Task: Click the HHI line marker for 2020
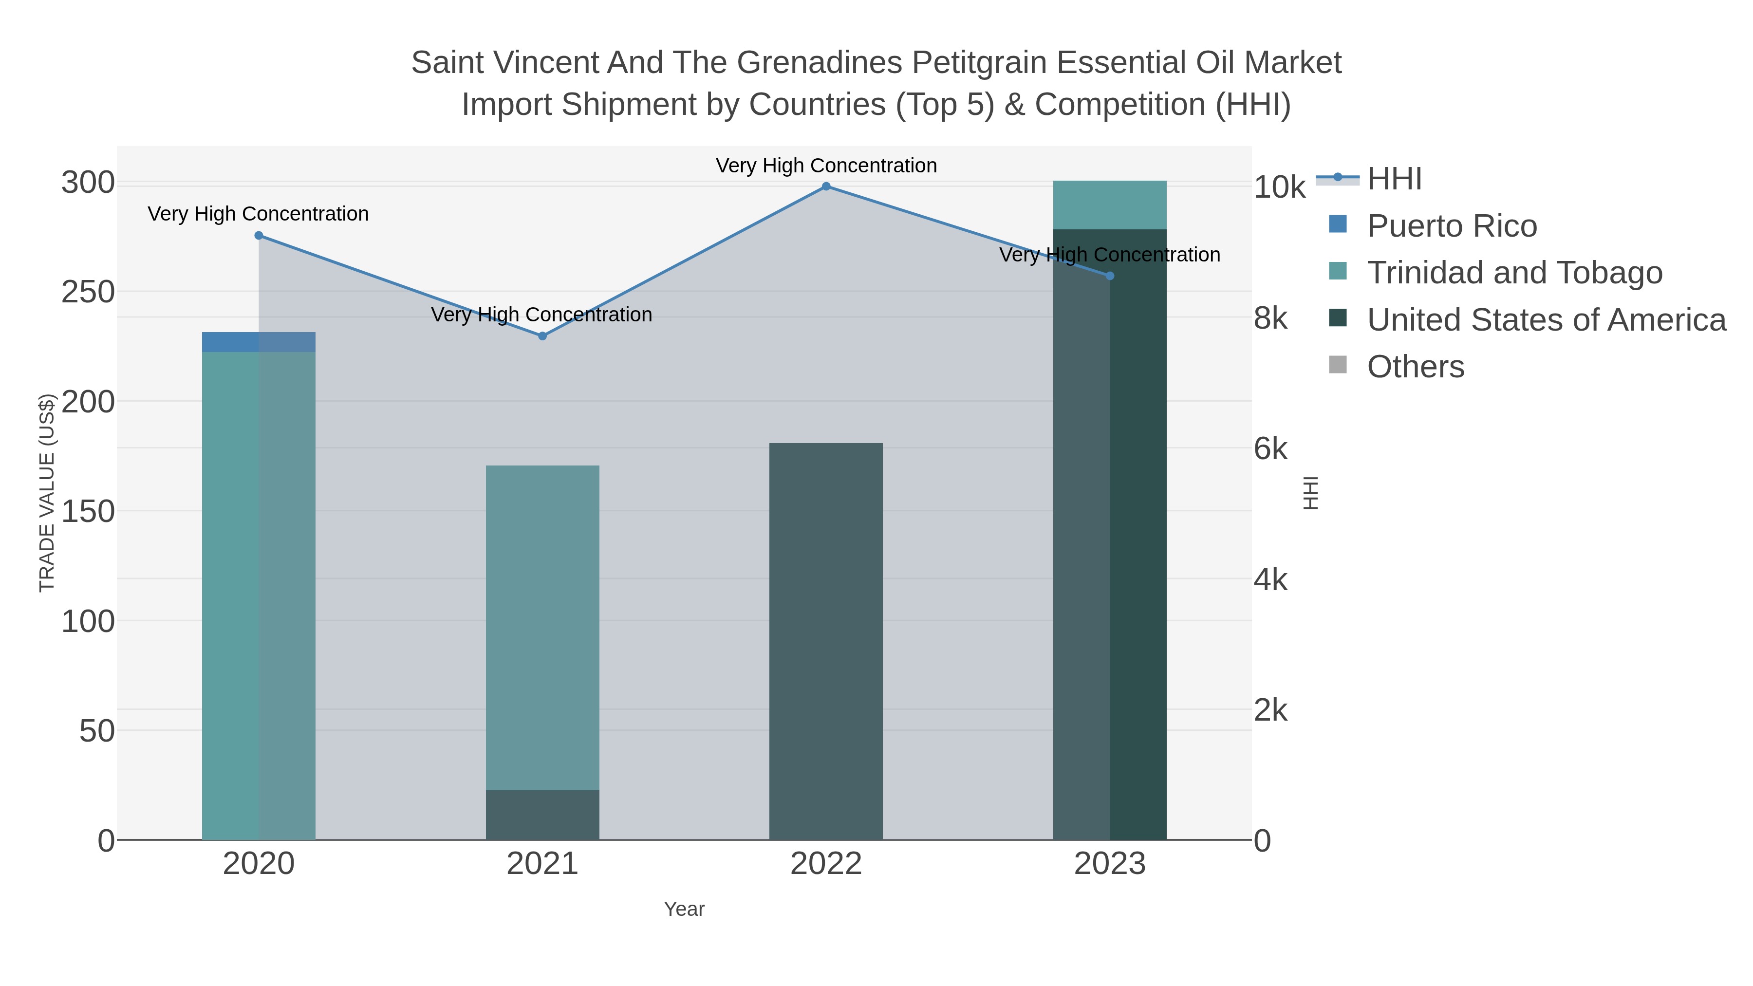(x=259, y=236)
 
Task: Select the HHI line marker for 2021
(x=542, y=336)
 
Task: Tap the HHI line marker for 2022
(x=826, y=186)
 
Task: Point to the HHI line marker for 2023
(x=1110, y=276)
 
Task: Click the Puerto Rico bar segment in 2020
(x=259, y=342)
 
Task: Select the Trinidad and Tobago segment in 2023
(x=1110, y=205)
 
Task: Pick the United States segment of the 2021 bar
(x=542, y=815)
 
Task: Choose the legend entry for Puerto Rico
(x=1452, y=226)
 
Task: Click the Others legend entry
(x=1416, y=367)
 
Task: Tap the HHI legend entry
(x=1394, y=179)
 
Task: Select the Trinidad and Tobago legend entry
(x=1514, y=273)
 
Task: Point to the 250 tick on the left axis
(x=89, y=293)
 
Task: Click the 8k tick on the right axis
(x=1270, y=318)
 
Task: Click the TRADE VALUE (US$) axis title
(x=46, y=493)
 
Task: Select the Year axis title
(x=684, y=909)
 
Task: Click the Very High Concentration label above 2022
(x=826, y=166)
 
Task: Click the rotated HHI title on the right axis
(x=1310, y=493)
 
